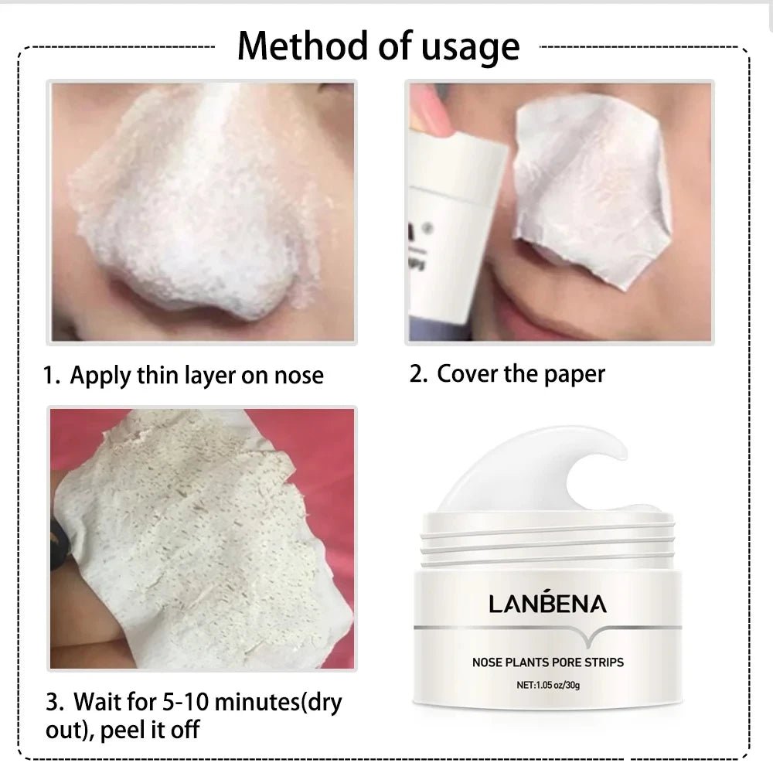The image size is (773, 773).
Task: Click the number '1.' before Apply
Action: pyautogui.click(x=52, y=376)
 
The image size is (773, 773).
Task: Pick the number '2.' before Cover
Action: pyautogui.click(x=419, y=374)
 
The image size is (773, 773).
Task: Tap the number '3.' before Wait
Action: pyautogui.click(x=54, y=703)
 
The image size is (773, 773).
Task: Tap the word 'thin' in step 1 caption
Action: pyautogui.click(x=157, y=376)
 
